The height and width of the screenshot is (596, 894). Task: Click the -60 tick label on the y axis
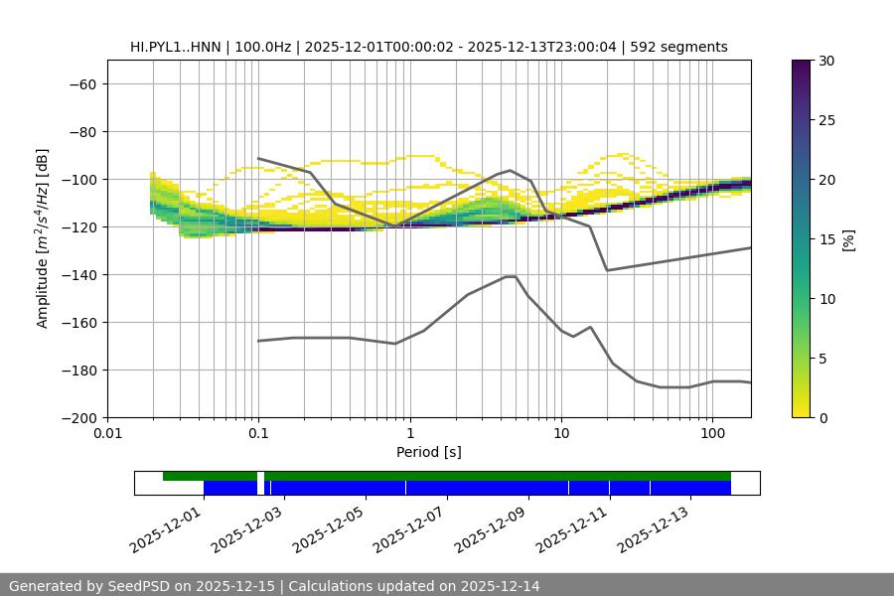pyautogui.click(x=80, y=83)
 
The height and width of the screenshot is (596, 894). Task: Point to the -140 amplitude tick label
pyautogui.click(x=76, y=274)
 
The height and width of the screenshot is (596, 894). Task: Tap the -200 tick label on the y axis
pyautogui.click(x=76, y=417)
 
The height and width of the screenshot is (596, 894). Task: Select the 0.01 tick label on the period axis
pyautogui.click(x=107, y=434)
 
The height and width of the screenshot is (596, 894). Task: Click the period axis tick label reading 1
pyautogui.click(x=409, y=434)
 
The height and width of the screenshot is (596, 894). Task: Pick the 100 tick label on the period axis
pyautogui.click(x=712, y=434)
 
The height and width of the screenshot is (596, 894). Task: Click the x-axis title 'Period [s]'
pyautogui.click(x=429, y=452)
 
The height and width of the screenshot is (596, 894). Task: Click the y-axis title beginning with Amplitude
pyautogui.click(x=43, y=238)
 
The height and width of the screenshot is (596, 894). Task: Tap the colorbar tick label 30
pyautogui.click(x=826, y=61)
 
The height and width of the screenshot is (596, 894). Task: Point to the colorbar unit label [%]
pyautogui.click(x=848, y=239)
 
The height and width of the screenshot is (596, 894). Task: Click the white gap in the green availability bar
pyautogui.click(x=260, y=476)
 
